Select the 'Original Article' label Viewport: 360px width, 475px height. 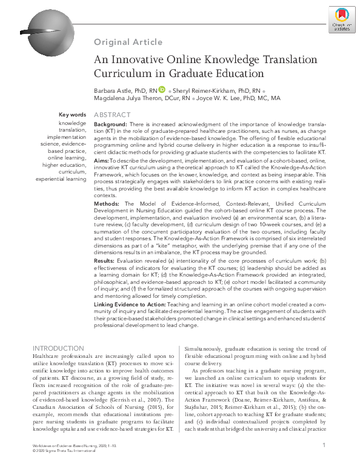[128, 42]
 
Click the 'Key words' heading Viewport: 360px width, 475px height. [72, 115]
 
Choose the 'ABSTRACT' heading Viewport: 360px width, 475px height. [112, 115]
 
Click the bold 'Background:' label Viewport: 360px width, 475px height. [115, 124]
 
